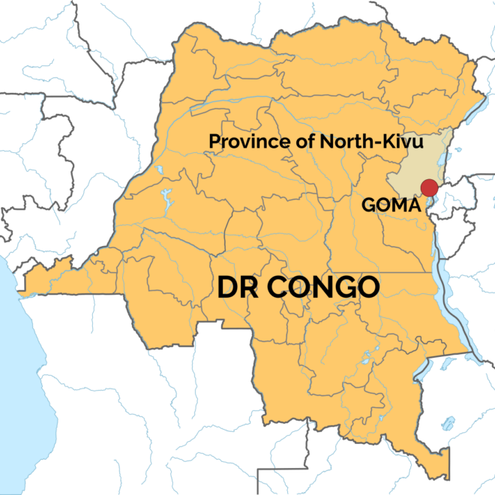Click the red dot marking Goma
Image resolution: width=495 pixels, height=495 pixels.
coord(429,187)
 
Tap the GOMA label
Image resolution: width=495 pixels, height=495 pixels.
coord(388,204)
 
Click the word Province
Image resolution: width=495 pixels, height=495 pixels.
coord(241,140)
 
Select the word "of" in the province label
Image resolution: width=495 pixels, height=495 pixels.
coord(287,140)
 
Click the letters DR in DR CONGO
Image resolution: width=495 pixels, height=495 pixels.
coord(232,286)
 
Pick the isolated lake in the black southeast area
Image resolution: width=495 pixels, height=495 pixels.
coord(448,424)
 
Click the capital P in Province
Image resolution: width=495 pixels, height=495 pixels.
coord(214,140)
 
